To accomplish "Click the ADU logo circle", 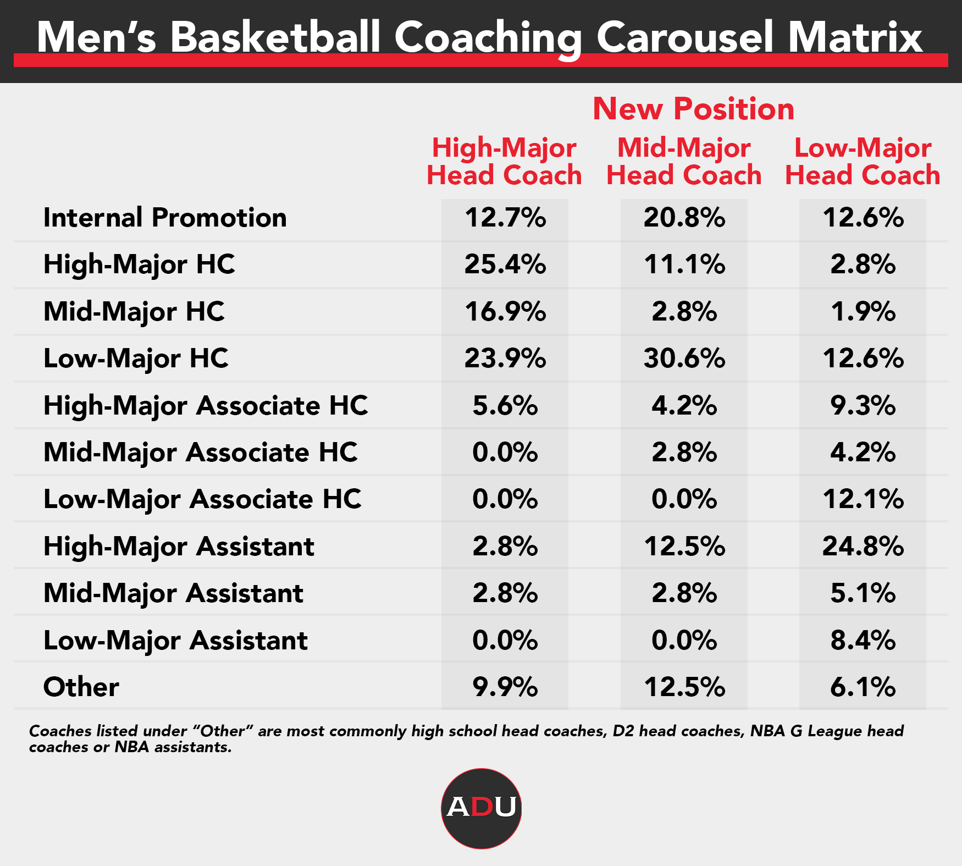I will pyautogui.click(x=481, y=808).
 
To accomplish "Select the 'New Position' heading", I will pyautogui.click(x=693, y=109).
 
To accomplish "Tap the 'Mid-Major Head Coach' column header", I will pyautogui.click(x=684, y=162).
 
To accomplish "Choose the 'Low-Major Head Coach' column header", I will pyautogui.click(x=863, y=162).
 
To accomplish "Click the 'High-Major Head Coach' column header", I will pyautogui.click(x=504, y=162).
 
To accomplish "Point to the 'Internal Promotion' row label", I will pyautogui.click(x=165, y=218).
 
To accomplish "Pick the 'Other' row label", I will pyautogui.click(x=81, y=687).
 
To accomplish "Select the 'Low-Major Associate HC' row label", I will pyautogui.click(x=202, y=499).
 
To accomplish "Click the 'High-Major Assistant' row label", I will pyautogui.click(x=179, y=547).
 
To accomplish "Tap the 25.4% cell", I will pyautogui.click(x=505, y=264).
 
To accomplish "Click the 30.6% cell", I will pyautogui.click(x=684, y=358).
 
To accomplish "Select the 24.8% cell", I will pyautogui.click(x=863, y=547).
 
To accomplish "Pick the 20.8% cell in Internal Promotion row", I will pyautogui.click(x=684, y=218).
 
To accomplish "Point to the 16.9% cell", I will pyautogui.click(x=505, y=312).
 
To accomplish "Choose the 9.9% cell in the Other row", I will pyautogui.click(x=505, y=687).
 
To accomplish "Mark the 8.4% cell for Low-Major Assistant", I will pyautogui.click(x=863, y=641).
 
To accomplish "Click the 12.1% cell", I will pyautogui.click(x=863, y=499).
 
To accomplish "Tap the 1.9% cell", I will pyautogui.click(x=863, y=312).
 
